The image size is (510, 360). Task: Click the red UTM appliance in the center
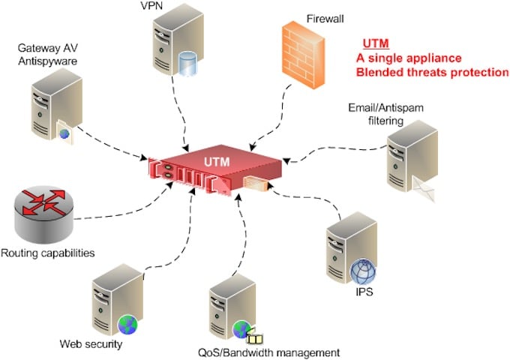pyautogui.click(x=218, y=169)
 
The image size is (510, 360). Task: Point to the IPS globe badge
pyautogui.click(x=361, y=270)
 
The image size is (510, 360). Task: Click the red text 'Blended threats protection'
pyautogui.click(x=432, y=72)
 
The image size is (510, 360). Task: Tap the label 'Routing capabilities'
pyautogui.click(x=47, y=252)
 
